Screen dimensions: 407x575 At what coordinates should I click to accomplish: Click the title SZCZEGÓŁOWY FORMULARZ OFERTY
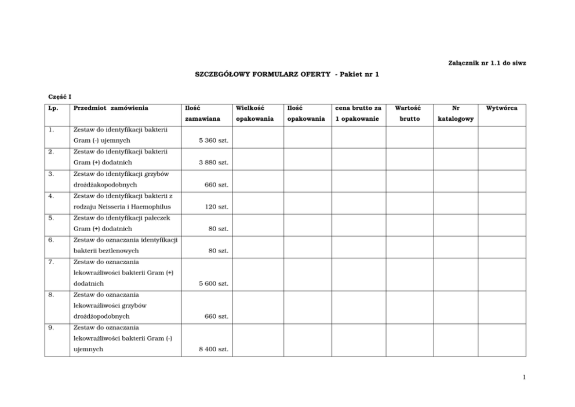pos(263,74)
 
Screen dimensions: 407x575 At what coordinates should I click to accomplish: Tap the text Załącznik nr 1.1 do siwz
pos(487,62)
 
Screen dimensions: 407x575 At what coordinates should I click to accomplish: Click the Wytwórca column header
pos(501,108)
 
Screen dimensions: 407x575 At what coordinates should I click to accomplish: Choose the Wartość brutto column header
pos(409,113)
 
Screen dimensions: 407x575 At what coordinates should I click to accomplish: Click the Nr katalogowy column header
pos(456,113)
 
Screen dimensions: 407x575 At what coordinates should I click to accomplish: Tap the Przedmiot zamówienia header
pos(111,108)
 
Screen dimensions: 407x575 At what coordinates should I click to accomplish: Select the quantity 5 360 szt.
pos(213,141)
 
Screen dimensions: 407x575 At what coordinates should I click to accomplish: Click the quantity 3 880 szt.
pos(213,163)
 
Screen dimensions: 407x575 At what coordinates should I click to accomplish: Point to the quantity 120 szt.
pos(217,207)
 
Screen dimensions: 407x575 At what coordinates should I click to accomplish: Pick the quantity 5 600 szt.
pos(213,283)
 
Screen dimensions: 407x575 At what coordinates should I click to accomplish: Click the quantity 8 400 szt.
pos(213,349)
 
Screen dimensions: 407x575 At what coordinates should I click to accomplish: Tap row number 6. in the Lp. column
pos(52,239)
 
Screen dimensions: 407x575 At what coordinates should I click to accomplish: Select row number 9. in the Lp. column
pos(52,327)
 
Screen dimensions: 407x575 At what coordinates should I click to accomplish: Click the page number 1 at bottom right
pos(524,377)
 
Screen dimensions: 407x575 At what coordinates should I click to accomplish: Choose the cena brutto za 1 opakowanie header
pos(358,113)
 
